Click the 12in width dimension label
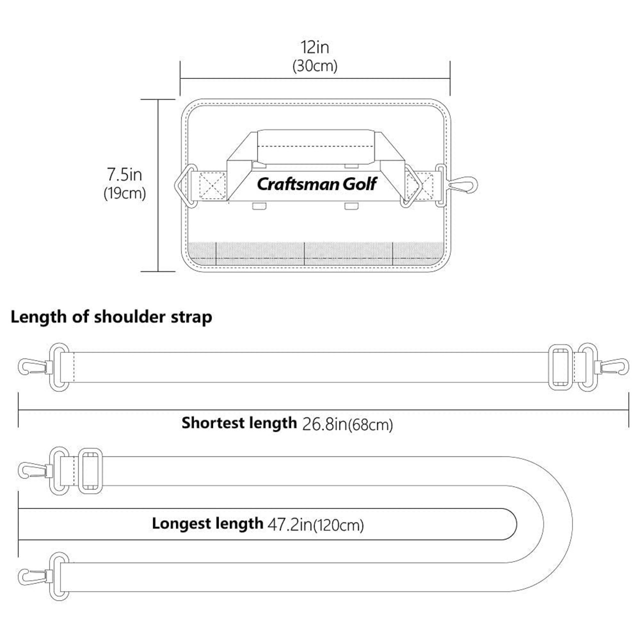315,47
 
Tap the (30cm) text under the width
315,66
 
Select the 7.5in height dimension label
124,174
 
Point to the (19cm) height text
124,193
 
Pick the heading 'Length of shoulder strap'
111,317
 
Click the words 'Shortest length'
239,423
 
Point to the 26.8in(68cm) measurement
347,424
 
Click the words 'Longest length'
207,523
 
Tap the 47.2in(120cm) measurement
315,525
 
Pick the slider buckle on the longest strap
90,469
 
